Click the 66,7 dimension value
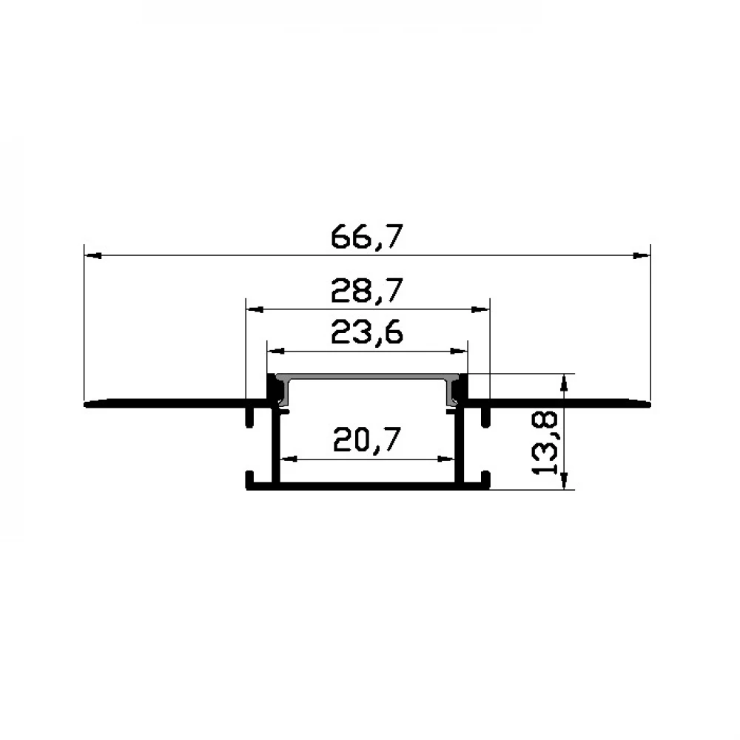(367, 237)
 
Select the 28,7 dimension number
(367, 290)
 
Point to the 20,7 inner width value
(367, 439)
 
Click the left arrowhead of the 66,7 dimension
(93, 255)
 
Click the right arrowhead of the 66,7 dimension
(642, 255)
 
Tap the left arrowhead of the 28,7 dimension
(255, 309)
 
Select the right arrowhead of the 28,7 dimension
(481, 309)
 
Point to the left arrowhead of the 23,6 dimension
(277, 351)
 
